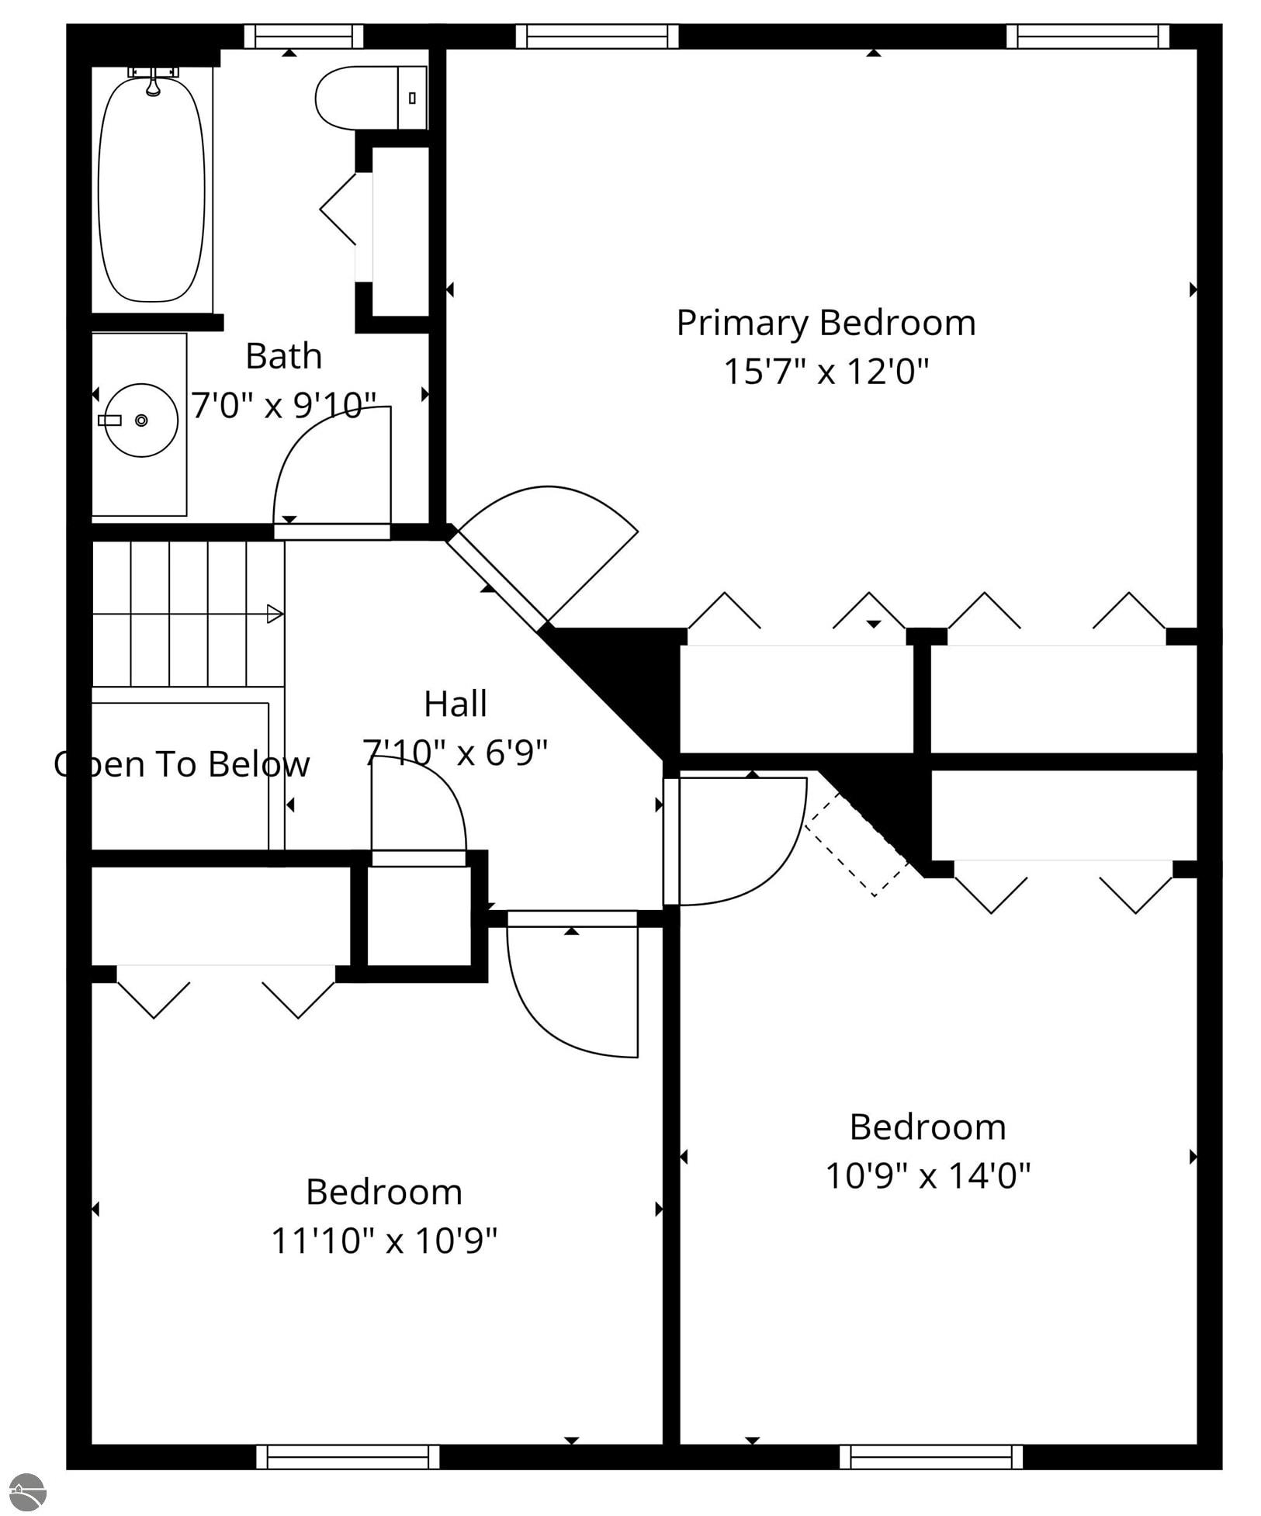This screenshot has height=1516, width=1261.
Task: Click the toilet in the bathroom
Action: point(371,98)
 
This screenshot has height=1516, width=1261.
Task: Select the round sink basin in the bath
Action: point(141,420)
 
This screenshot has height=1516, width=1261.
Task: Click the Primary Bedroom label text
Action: point(826,324)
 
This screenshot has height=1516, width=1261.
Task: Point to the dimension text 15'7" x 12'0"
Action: point(826,371)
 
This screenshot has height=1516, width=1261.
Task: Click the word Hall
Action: point(456,704)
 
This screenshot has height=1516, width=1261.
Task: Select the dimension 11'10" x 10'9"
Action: point(384,1240)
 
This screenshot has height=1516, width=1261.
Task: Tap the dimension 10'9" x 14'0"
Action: point(927,1175)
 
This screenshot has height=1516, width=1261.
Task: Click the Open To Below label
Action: point(182,764)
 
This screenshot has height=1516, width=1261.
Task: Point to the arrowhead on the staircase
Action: point(275,614)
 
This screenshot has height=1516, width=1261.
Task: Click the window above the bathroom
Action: point(304,36)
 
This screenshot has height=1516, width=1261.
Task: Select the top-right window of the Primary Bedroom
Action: point(1088,36)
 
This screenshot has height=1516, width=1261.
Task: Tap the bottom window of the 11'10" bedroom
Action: point(348,1456)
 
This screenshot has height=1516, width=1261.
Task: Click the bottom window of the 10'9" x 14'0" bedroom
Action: point(931,1456)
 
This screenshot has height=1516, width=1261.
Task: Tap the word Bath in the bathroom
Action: point(284,356)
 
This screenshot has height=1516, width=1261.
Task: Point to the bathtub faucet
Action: point(154,81)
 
